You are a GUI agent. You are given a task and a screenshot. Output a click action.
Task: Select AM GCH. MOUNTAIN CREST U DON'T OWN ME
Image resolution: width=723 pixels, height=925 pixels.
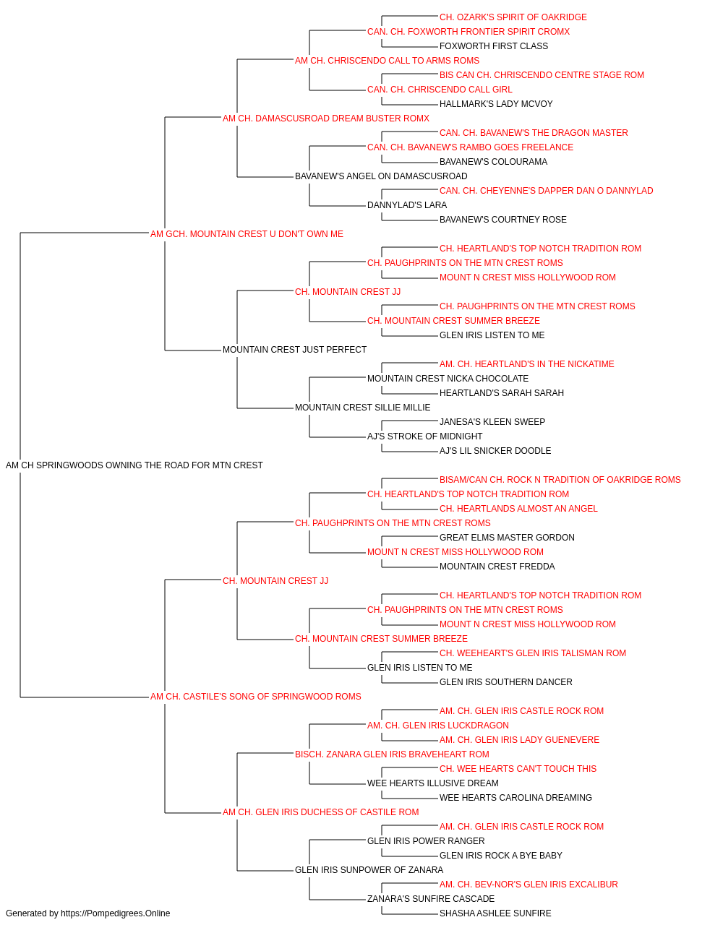[x=247, y=234]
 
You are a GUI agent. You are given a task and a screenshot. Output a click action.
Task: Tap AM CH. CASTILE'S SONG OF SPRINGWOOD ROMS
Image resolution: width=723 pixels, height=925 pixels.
[x=255, y=697]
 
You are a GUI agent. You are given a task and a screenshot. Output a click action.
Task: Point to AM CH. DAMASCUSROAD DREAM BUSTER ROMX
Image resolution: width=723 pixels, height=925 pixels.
[x=326, y=119]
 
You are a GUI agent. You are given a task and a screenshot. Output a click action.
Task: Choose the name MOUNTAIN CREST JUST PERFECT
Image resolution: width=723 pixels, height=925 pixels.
[x=295, y=350]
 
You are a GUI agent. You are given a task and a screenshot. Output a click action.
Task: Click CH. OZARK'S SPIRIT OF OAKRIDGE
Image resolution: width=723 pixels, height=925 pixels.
[x=513, y=17]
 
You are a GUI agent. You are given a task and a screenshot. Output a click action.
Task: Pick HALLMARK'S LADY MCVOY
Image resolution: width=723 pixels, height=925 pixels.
[x=496, y=104]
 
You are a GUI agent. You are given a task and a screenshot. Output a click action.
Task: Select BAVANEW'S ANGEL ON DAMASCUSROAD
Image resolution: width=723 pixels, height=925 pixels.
[x=381, y=176]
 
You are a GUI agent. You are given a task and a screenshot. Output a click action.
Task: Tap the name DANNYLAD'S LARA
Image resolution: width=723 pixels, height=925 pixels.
[x=407, y=205]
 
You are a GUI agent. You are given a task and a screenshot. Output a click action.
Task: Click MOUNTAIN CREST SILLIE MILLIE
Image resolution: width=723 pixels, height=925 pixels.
[x=363, y=408]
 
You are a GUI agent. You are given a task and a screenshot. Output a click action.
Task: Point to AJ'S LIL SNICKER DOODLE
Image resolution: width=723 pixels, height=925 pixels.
[x=495, y=451]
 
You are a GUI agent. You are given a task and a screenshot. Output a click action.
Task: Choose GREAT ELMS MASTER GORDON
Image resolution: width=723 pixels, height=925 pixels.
[x=507, y=538]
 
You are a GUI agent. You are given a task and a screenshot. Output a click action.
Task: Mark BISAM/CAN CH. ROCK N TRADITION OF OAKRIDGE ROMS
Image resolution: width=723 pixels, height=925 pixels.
[x=560, y=480]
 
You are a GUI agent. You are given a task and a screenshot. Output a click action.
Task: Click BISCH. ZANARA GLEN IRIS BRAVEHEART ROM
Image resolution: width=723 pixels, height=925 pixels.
[x=392, y=754]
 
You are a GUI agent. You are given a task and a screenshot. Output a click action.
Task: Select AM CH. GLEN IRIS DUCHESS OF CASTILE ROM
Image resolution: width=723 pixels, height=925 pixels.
[x=320, y=812]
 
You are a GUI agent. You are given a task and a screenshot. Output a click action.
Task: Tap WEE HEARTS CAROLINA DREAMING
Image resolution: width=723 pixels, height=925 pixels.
[x=515, y=798]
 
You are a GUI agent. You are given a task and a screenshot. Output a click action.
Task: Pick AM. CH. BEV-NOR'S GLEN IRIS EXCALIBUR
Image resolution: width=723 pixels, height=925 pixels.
[x=529, y=885]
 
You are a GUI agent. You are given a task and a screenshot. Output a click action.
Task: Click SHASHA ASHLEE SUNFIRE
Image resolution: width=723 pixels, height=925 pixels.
[x=495, y=913]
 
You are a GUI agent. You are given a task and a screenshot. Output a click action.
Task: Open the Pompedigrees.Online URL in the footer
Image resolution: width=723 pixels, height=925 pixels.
[x=116, y=913]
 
